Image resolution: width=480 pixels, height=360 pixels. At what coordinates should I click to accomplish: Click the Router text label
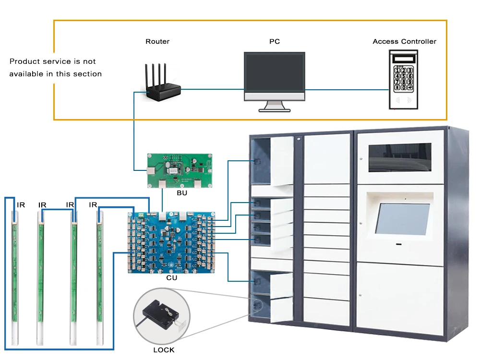pyautogui.click(x=157, y=42)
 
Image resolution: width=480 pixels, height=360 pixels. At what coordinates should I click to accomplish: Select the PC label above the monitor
pyautogui.click(x=275, y=42)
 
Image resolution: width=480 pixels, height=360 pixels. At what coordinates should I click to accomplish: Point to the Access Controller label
pyautogui.click(x=404, y=42)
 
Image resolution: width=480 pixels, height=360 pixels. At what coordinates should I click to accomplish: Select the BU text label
pyautogui.click(x=182, y=193)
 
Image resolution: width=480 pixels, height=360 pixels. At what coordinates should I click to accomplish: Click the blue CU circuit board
pyautogui.click(x=171, y=242)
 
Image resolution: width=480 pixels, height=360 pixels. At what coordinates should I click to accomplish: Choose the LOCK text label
pyautogui.click(x=164, y=350)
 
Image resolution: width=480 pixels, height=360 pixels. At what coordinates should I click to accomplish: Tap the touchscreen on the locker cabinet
pyautogui.click(x=402, y=219)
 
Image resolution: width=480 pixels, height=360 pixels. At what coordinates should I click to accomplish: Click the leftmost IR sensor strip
pyautogui.click(x=15, y=274)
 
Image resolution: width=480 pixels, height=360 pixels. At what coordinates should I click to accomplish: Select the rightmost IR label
pyautogui.click(x=93, y=205)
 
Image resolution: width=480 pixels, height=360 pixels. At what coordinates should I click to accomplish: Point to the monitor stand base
pyautogui.click(x=274, y=109)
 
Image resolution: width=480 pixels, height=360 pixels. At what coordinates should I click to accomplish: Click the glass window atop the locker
pyautogui.click(x=399, y=158)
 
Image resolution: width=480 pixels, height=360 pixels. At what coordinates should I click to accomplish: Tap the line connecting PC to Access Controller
pyautogui.click(x=347, y=90)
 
